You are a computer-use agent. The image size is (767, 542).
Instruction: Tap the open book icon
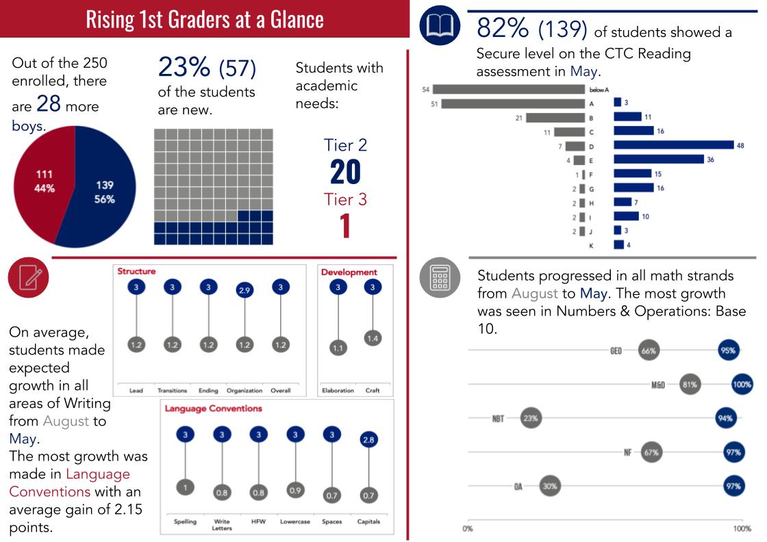[x=440, y=25]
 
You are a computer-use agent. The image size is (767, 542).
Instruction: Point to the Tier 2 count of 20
[x=345, y=172]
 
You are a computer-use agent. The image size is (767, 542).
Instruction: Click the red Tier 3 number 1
[x=345, y=227]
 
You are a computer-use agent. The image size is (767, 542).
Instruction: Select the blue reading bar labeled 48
[x=674, y=145]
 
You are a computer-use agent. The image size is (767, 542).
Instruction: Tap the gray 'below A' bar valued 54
[x=508, y=89]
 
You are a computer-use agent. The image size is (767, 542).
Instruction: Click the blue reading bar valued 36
[x=659, y=159]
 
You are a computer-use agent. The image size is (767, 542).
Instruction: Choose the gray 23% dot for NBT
[x=531, y=417]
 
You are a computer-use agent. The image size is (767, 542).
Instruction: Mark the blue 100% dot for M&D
[x=742, y=385]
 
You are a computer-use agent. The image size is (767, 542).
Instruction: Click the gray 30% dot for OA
[x=549, y=487]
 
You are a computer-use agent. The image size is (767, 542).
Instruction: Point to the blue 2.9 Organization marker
[x=244, y=290]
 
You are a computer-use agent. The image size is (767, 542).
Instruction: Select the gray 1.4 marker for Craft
[x=373, y=338]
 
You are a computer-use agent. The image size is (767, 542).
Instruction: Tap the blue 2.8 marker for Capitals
[x=368, y=439]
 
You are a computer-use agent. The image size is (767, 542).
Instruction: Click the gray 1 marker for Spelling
[x=185, y=487]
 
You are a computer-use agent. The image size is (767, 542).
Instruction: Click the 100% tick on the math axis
[x=742, y=529]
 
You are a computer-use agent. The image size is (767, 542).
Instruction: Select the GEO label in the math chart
[x=616, y=351]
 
